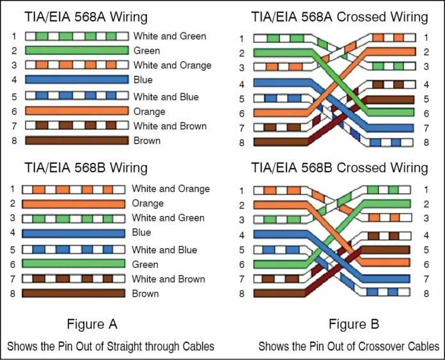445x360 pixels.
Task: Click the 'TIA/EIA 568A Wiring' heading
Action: point(86,17)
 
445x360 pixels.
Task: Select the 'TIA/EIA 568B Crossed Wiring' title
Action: point(339,168)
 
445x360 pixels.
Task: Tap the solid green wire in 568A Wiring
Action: point(77,51)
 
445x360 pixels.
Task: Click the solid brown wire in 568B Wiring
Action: point(74,293)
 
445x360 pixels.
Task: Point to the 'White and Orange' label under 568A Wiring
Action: point(172,65)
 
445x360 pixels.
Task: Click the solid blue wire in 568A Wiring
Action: point(77,80)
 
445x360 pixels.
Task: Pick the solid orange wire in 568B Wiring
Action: point(74,203)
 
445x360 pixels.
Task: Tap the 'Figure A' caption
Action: point(92,324)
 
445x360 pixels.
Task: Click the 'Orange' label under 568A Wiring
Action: point(149,111)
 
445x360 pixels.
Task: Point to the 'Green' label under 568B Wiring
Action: point(145,264)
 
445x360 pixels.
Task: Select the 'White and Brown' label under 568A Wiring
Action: point(170,126)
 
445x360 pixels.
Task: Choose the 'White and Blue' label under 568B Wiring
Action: point(164,249)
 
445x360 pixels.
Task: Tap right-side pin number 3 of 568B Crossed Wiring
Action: point(426,219)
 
